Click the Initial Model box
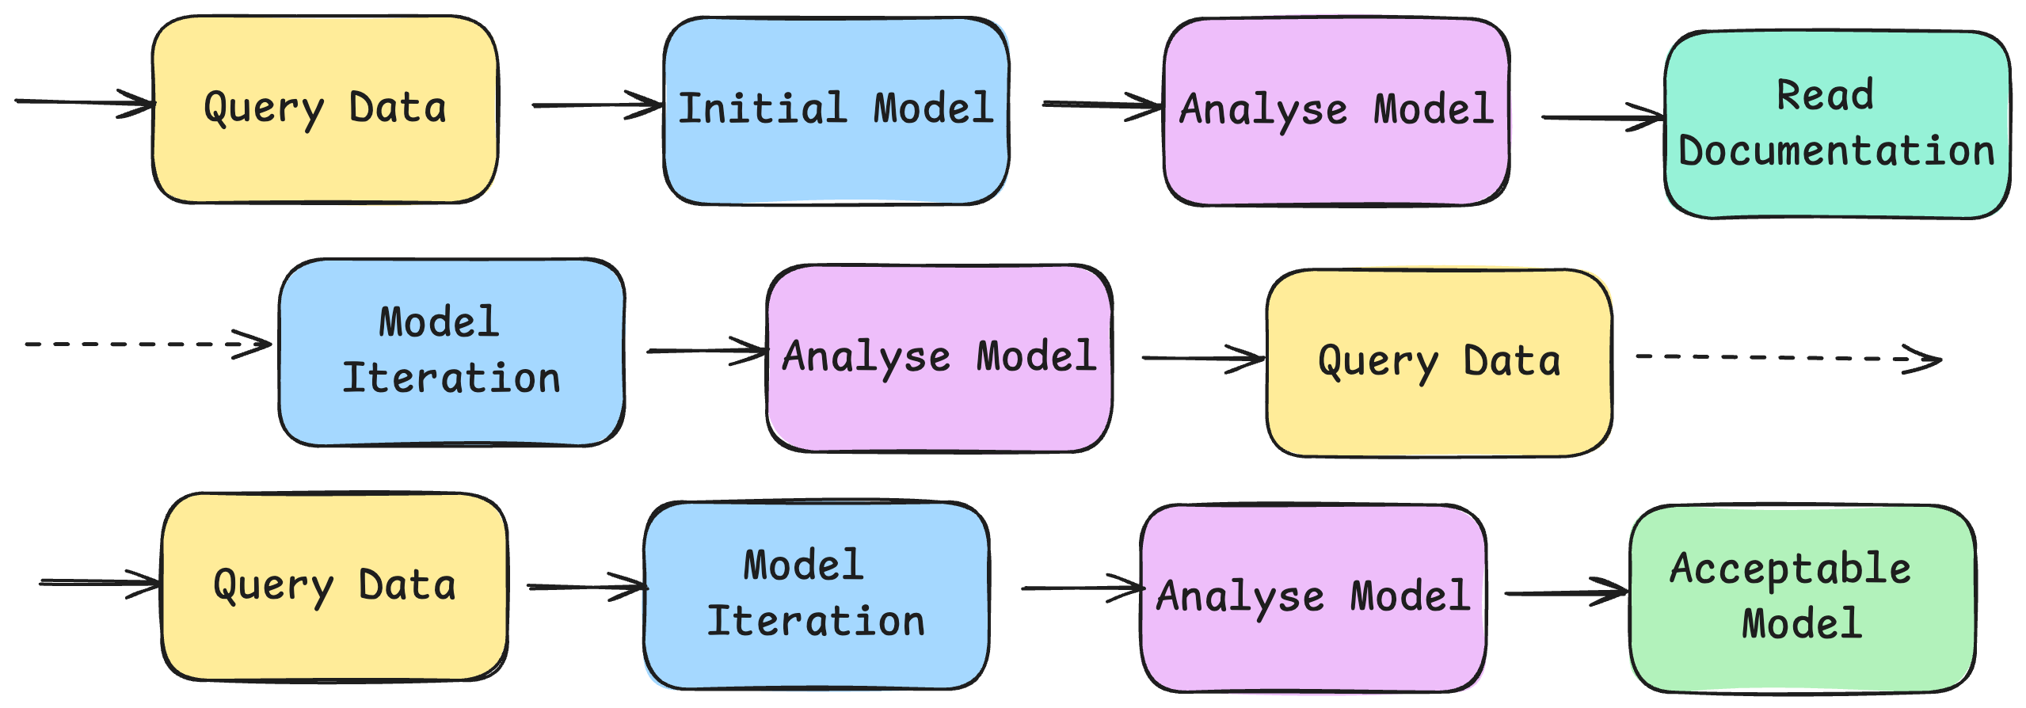836,111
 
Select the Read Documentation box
1837,124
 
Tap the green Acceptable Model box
1802,598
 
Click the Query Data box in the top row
325,110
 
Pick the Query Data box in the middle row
1439,364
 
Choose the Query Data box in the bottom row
334,587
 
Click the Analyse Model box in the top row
1336,111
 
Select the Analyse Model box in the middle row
939,358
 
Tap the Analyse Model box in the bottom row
1313,598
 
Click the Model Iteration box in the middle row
451,352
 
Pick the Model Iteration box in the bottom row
816,595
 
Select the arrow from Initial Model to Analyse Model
1101,105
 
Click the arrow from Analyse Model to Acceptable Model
1564,592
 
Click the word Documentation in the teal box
1837,150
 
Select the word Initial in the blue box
763,108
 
